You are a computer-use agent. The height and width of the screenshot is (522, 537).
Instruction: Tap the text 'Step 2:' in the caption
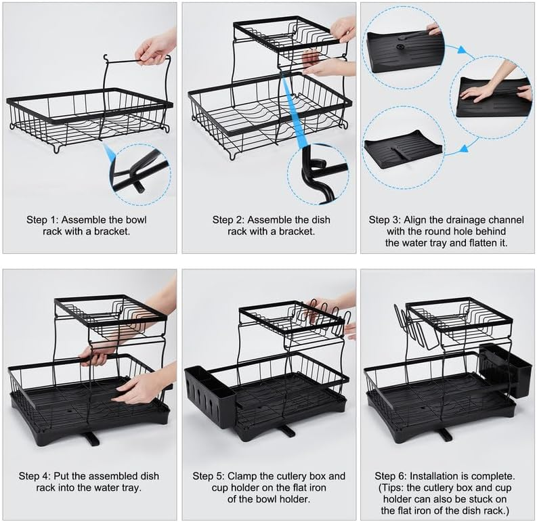(x=228, y=220)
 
